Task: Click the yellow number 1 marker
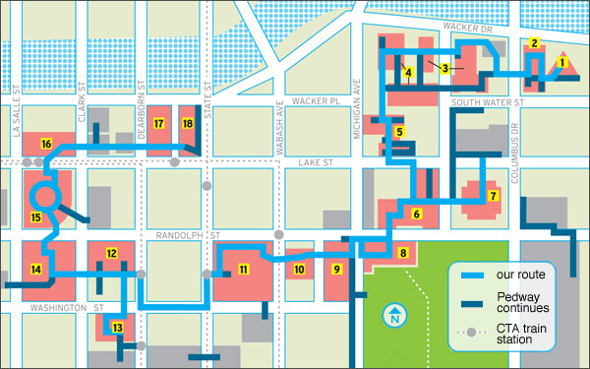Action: click(562, 62)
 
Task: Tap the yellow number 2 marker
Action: click(534, 43)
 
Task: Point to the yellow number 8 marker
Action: click(402, 253)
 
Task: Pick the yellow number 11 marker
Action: click(242, 269)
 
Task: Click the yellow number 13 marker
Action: click(117, 328)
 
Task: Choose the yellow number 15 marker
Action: click(35, 217)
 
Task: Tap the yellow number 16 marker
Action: click(46, 145)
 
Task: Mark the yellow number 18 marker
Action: click(188, 123)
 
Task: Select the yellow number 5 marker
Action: click(398, 131)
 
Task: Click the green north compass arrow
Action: click(393, 318)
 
